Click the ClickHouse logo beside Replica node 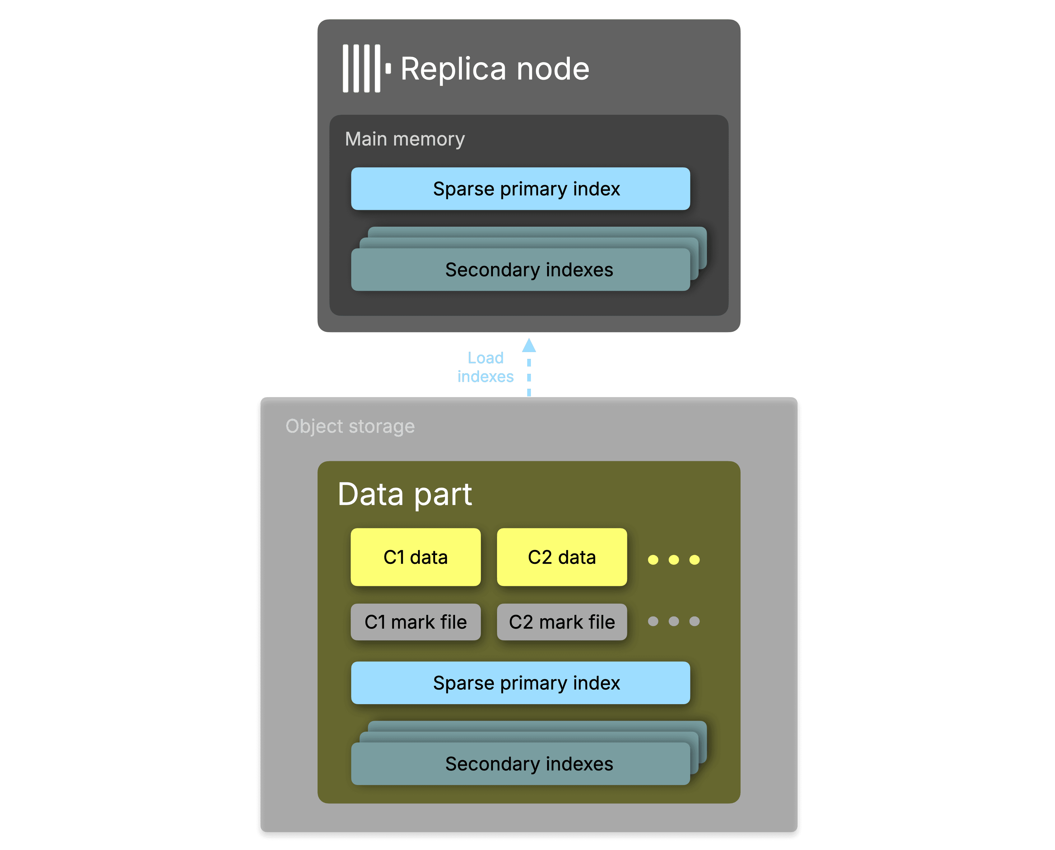pyautogui.click(x=365, y=68)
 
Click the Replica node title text pyautogui.click(x=495, y=68)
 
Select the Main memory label pyautogui.click(x=404, y=139)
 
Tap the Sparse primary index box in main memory pyautogui.click(x=520, y=189)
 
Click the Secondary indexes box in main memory pyautogui.click(x=520, y=270)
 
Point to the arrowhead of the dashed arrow pyautogui.click(x=529, y=346)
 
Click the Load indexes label pyautogui.click(x=485, y=367)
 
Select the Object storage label pyautogui.click(x=350, y=426)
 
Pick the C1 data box pyautogui.click(x=416, y=557)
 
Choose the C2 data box pyautogui.click(x=561, y=557)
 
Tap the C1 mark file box pyautogui.click(x=416, y=622)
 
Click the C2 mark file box pyautogui.click(x=561, y=622)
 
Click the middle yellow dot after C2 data pyautogui.click(x=674, y=560)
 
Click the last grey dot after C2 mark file pyautogui.click(x=694, y=621)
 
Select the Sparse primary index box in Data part pyautogui.click(x=520, y=683)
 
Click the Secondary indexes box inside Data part pyautogui.click(x=520, y=764)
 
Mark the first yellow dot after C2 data pyautogui.click(x=653, y=560)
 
